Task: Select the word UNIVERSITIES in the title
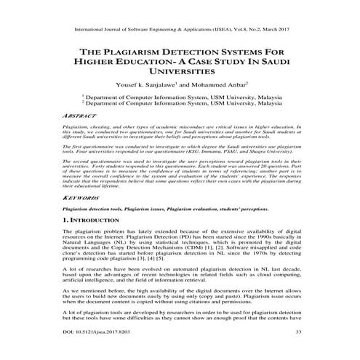(x=181, y=73)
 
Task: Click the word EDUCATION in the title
(x=153, y=63)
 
